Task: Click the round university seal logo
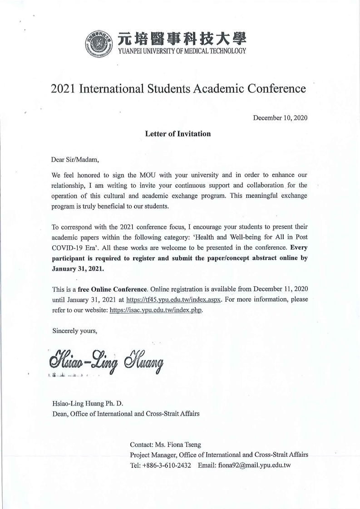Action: point(99,44)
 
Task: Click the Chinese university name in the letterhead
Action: point(182,39)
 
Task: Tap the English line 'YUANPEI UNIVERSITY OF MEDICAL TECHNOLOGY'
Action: point(182,51)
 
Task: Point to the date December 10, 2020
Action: point(280,118)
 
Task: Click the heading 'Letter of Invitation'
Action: point(178,134)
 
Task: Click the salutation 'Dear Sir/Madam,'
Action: point(75,159)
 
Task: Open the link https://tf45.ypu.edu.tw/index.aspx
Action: point(173,299)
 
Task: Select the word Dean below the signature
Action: point(60,413)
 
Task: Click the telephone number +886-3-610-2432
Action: point(167,465)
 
